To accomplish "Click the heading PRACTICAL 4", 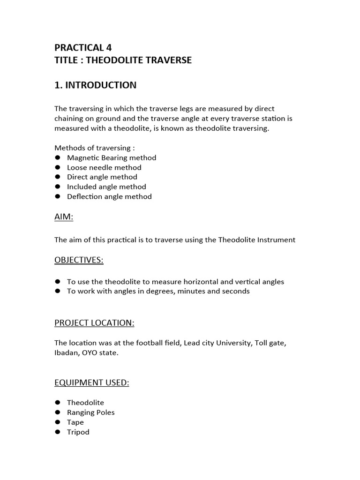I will (x=83, y=47).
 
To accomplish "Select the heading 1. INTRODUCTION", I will (x=96, y=85).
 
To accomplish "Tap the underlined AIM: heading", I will (x=64, y=217).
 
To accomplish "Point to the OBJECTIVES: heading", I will (x=79, y=260).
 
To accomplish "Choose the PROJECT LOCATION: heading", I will (x=94, y=323).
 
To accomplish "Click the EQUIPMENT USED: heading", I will (x=91, y=382).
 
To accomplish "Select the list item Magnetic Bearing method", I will (x=112, y=157).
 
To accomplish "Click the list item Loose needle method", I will (x=104, y=167).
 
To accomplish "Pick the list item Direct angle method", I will (x=102, y=177).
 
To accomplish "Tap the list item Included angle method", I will (x=106, y=187).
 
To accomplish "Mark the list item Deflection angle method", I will (x=109, y=196).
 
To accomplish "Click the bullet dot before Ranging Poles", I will (x=58, y=412).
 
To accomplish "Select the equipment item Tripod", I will (x=78, y=432).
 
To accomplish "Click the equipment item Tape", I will (x=75, y=422).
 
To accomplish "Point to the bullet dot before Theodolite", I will (x=58, y=403).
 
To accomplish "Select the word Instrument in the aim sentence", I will (x=276, y=240).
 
